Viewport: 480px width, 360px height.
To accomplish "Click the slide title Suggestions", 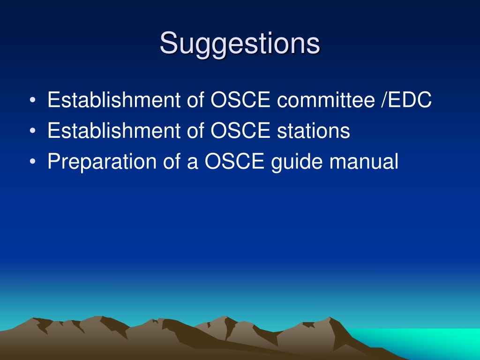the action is tap(240, 44).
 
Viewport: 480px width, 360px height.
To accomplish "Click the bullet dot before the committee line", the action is tap(33, 100).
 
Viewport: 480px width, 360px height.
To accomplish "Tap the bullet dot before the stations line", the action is tap(33, 131).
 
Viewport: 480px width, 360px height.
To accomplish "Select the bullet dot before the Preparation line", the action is tap(33, 161).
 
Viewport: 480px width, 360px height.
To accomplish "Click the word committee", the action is tap(326, 100).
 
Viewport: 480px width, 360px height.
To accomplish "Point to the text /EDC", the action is tap(406, 100).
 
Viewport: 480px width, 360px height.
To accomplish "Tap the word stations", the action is tap(314, 131).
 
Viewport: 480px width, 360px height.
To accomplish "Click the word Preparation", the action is tap(102, 162).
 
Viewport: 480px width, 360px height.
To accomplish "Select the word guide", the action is tap(297, 162).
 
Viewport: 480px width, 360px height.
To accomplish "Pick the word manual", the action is tap(364, 161).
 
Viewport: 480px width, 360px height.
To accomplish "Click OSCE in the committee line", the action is tap(240, 100).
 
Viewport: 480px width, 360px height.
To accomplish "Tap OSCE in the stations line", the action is tap(240, 131).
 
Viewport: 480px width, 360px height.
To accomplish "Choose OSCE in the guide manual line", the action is tap(234, 161).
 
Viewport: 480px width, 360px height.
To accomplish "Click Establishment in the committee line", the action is tap(114, 100).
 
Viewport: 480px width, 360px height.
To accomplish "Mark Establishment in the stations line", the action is tap(114, 131).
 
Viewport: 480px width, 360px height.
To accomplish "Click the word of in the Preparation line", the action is tap(172, 161).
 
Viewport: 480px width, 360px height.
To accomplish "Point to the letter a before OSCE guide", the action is tap(192, 163).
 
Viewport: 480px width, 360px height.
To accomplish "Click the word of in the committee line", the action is tap(195, 100).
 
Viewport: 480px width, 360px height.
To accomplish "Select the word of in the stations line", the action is tap(195, 131).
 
